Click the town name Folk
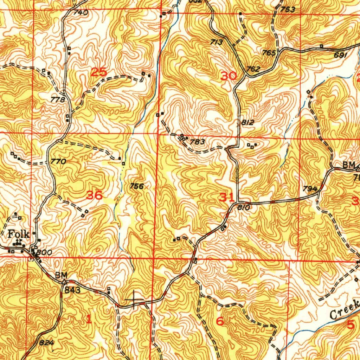tap(18, 234)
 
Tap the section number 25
tap(98, 72)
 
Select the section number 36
tap(95, 195)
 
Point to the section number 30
tap(229, 76)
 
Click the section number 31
tap(226, 198)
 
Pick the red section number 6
tap(220, 321)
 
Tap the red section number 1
tap(89, 319)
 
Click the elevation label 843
tap(72, 290)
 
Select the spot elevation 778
tap(58, 100)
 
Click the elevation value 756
tap(136, 186)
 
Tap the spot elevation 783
tap(197, 142)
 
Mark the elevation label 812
tap(247, 123)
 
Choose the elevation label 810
tap(243, 208)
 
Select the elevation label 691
tap(341, 55)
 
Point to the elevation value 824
tap(45, 342)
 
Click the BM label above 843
tap(60, 275)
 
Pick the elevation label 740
tap(81, 13)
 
